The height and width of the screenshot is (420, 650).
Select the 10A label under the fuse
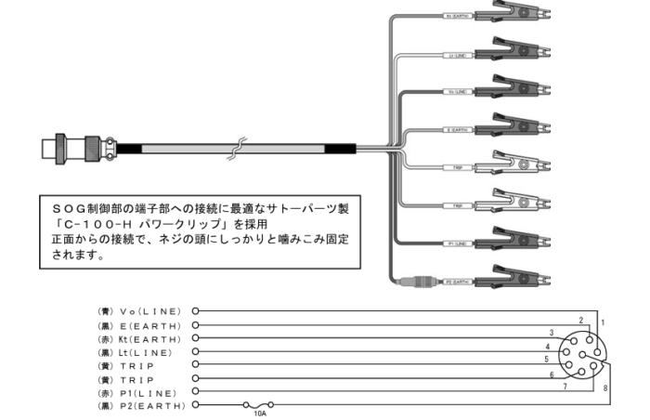click(x=260, y=414)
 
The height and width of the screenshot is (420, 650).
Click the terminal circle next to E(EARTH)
click(x=196, y=325)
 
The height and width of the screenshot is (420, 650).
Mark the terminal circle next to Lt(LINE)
click(x=196, y=352)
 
